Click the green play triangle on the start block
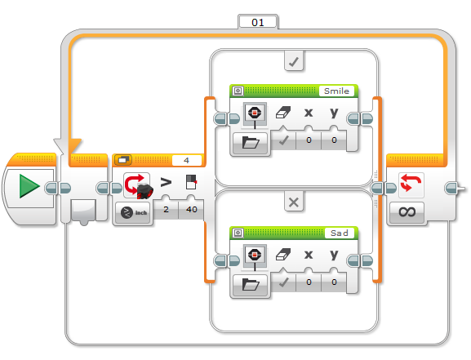point(29,186)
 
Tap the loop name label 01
point(258,23)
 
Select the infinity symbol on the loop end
point(407,212)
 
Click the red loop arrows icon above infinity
point(411,184)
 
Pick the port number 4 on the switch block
point(186,161)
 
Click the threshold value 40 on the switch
point(191,209)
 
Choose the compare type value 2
point(166,209)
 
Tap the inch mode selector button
point(133,212)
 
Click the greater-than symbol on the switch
point(166,182)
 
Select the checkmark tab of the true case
point(294,61)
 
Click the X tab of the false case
point(294,202)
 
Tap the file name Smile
point(336,91)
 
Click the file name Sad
point(340,233)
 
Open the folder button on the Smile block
point(251,143)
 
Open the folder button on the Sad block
point(251,284)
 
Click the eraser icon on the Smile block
point(283,113)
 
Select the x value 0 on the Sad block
point(309,282)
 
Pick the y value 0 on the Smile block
point(334,140)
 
